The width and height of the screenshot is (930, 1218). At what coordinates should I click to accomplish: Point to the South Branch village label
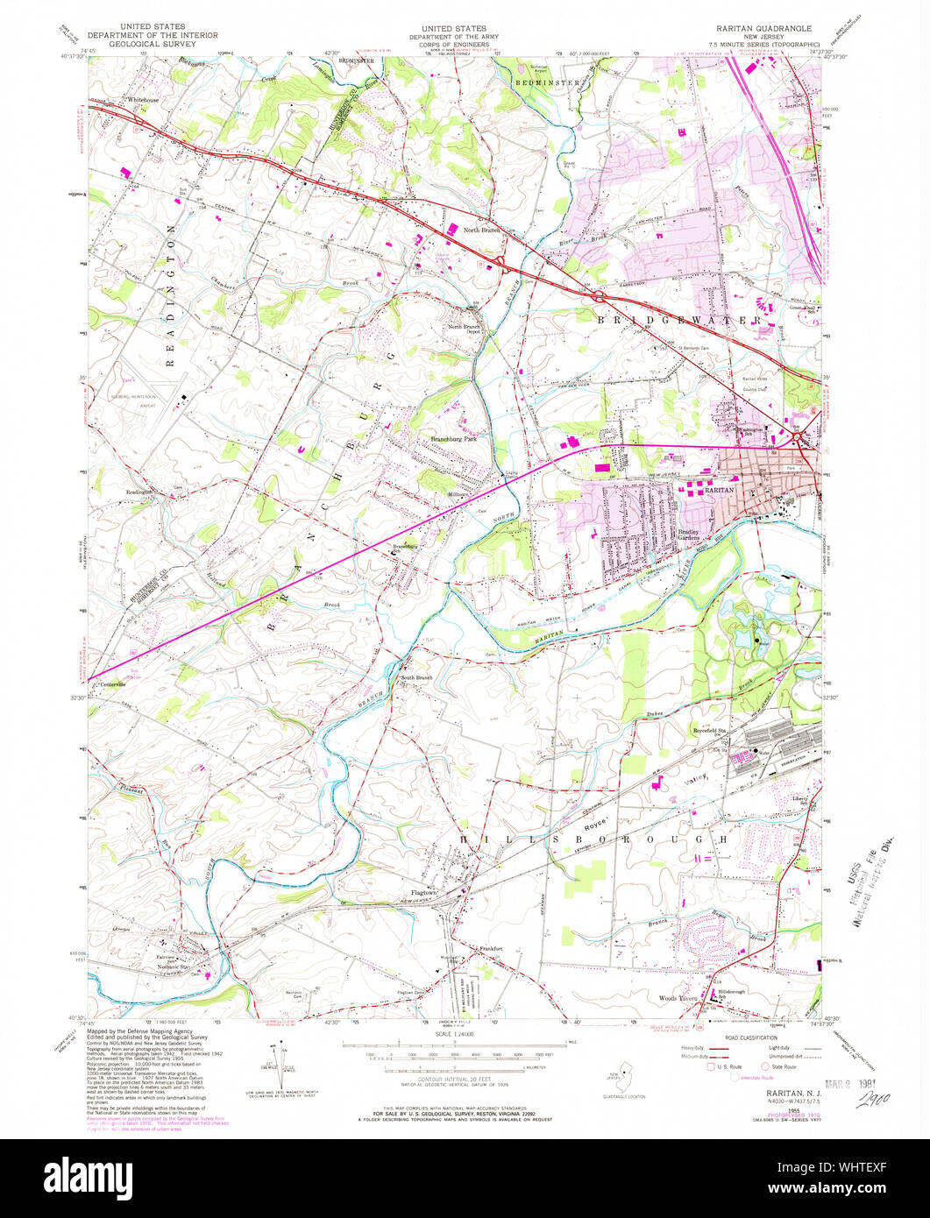click(418, 678)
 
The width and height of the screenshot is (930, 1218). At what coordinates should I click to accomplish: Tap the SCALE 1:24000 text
click(452, 1035)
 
